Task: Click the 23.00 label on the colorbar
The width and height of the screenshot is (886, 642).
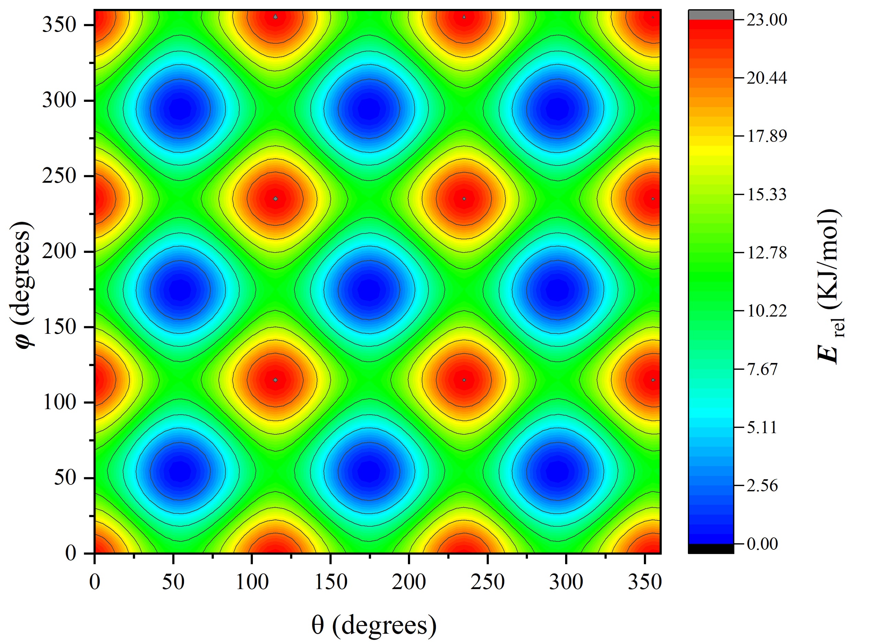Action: click(x=766, y=20)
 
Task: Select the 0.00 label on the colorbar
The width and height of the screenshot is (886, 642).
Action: click(x=762, y=544)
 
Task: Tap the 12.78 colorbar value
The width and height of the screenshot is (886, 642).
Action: click(x=766, y=253)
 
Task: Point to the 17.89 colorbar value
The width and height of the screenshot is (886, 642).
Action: click(x=766, y=136)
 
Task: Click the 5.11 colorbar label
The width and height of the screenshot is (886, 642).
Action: click(x=762, y=427)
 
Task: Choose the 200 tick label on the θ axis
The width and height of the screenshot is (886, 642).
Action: click(x=409, y=582)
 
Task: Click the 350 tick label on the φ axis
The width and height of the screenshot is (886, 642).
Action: click(x=59, y=25)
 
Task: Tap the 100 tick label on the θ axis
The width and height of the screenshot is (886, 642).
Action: click(x=252, y=582)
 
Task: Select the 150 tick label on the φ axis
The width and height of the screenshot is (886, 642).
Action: click(x=59, y=327)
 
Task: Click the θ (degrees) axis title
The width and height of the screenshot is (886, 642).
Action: click(x=374, y=625)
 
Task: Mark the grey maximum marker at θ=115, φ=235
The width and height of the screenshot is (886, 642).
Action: click(x=275, y=199)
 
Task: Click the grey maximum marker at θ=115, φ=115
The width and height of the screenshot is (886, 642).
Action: click(x=275, y=380)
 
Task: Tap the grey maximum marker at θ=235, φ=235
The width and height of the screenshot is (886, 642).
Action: click(x=464, y=199)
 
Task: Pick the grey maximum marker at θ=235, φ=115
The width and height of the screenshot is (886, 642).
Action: click(x=464, y=380)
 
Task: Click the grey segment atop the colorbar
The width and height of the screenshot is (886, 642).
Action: click(x=711, y=15)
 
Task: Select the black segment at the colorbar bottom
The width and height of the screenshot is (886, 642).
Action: click(x=711, y=549)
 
